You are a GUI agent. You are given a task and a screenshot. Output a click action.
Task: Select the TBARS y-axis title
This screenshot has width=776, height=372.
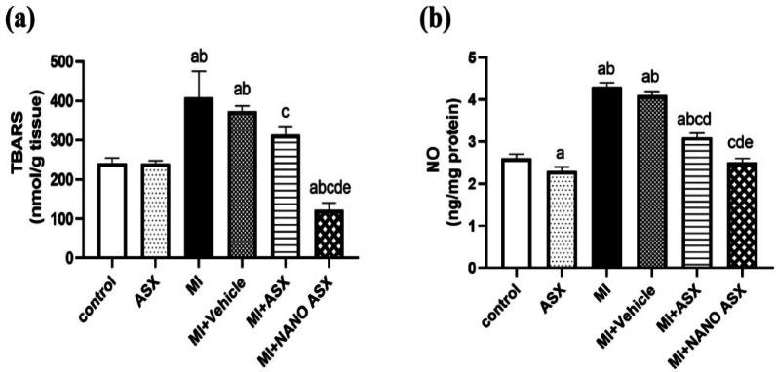tap(27, 159)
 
